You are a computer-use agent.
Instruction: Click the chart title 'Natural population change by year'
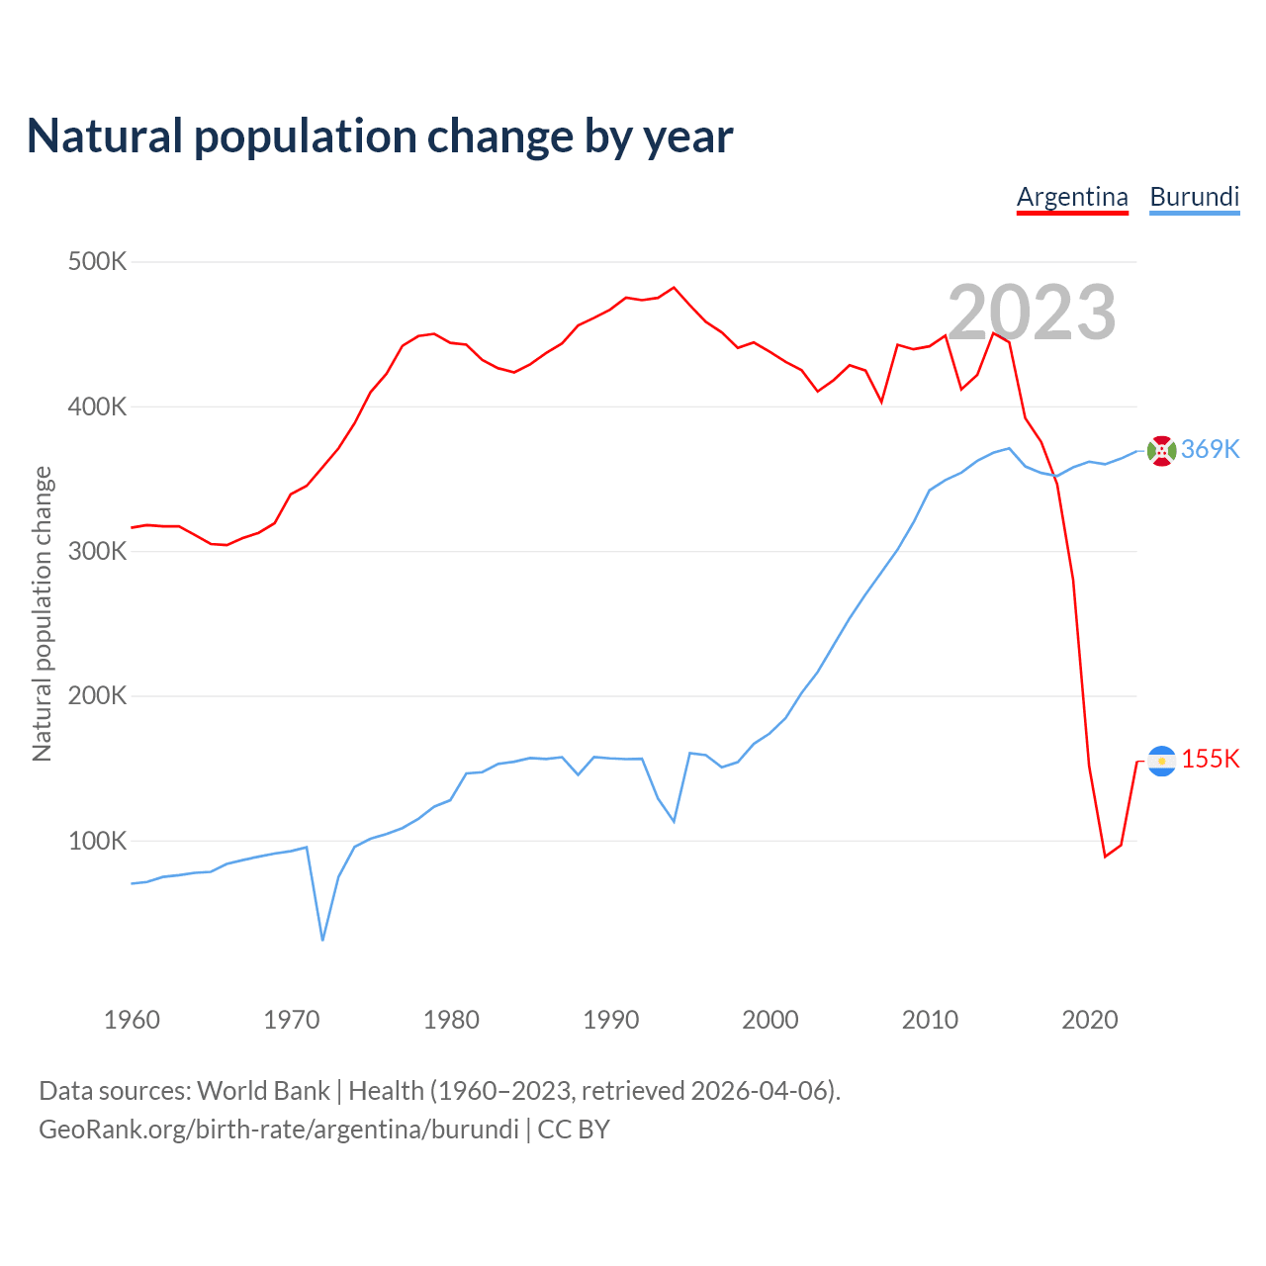380,136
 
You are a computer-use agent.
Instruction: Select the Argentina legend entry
1072,197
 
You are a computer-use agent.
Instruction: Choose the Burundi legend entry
1194,197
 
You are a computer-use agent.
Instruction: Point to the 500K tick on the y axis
97,262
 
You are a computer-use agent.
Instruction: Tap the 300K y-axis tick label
97,551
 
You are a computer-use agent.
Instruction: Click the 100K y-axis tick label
97,841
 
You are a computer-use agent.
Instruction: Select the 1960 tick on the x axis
132,1020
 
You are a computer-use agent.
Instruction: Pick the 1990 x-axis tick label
610,1020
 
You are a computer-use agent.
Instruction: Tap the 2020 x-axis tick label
1089,1020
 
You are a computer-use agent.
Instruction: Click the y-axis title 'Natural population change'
42,613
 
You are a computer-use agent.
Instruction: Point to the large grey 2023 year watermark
1032,312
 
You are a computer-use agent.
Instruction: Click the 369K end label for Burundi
1210,449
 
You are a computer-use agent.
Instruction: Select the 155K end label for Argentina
1210,759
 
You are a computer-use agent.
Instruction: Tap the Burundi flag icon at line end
1161,450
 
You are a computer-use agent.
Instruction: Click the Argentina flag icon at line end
1161,761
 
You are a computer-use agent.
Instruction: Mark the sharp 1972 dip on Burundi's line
322,939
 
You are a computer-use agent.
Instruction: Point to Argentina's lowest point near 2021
1105,856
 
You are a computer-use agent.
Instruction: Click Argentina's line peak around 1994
674,288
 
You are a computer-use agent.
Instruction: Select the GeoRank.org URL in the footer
279,1129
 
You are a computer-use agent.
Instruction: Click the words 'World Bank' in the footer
263,1090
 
